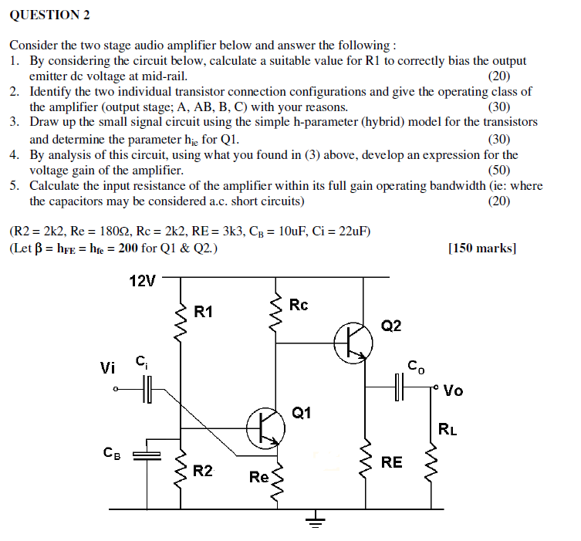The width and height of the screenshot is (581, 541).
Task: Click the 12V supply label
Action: point(141,281)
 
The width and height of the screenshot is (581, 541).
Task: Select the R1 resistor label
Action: point(203,312)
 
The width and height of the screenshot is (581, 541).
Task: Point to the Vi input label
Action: point(109,367)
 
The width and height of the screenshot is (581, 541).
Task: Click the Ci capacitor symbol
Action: point(147,389)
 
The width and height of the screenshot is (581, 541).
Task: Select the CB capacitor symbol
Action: point(144,455)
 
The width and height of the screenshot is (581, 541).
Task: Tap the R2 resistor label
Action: point(203,471)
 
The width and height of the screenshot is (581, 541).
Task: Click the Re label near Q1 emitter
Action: point(258,477)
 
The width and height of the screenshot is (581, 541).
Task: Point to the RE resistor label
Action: point(391,462)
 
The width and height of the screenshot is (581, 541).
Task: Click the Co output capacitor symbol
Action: point(399,387)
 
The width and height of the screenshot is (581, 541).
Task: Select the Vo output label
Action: point(453,390)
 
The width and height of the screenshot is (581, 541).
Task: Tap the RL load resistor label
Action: point(448,429)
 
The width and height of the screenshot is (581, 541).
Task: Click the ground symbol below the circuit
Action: point(313,521)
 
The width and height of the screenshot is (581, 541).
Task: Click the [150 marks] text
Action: point(482,249)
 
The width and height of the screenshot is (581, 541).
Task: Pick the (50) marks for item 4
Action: point(499,171)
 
